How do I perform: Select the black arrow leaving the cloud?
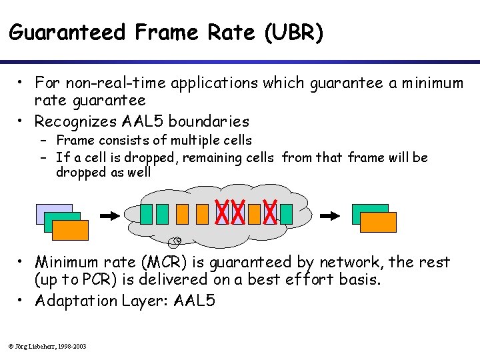331,215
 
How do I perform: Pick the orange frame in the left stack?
71,230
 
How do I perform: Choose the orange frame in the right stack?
379,222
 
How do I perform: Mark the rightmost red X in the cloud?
270,213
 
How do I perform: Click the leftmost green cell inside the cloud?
146,214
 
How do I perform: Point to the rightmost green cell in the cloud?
286,214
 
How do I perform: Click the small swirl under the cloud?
177,240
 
